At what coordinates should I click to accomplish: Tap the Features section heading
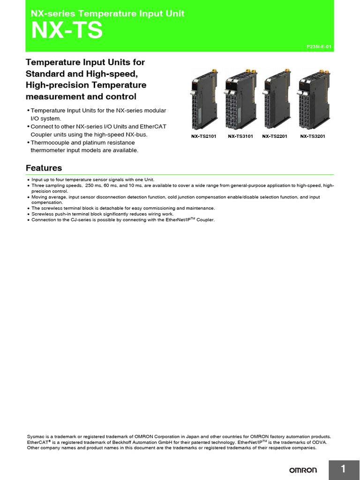tap(44, 168)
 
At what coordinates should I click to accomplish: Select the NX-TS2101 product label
tap(203, 136)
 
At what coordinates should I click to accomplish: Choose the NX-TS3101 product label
tap(240, 136)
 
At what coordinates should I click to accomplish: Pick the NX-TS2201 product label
tap(275, 136)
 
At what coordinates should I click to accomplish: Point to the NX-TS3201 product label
tap(313, 136)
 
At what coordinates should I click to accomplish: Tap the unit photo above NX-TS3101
tap(240, 99)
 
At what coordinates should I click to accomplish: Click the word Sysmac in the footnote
tap(35, 436)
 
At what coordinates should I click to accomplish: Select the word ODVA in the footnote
tap(319, 442)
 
